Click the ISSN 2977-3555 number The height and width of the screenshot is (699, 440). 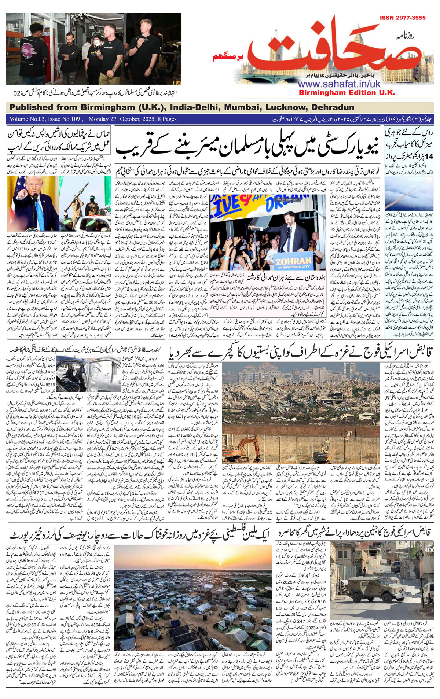click(x=402, y=18)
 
